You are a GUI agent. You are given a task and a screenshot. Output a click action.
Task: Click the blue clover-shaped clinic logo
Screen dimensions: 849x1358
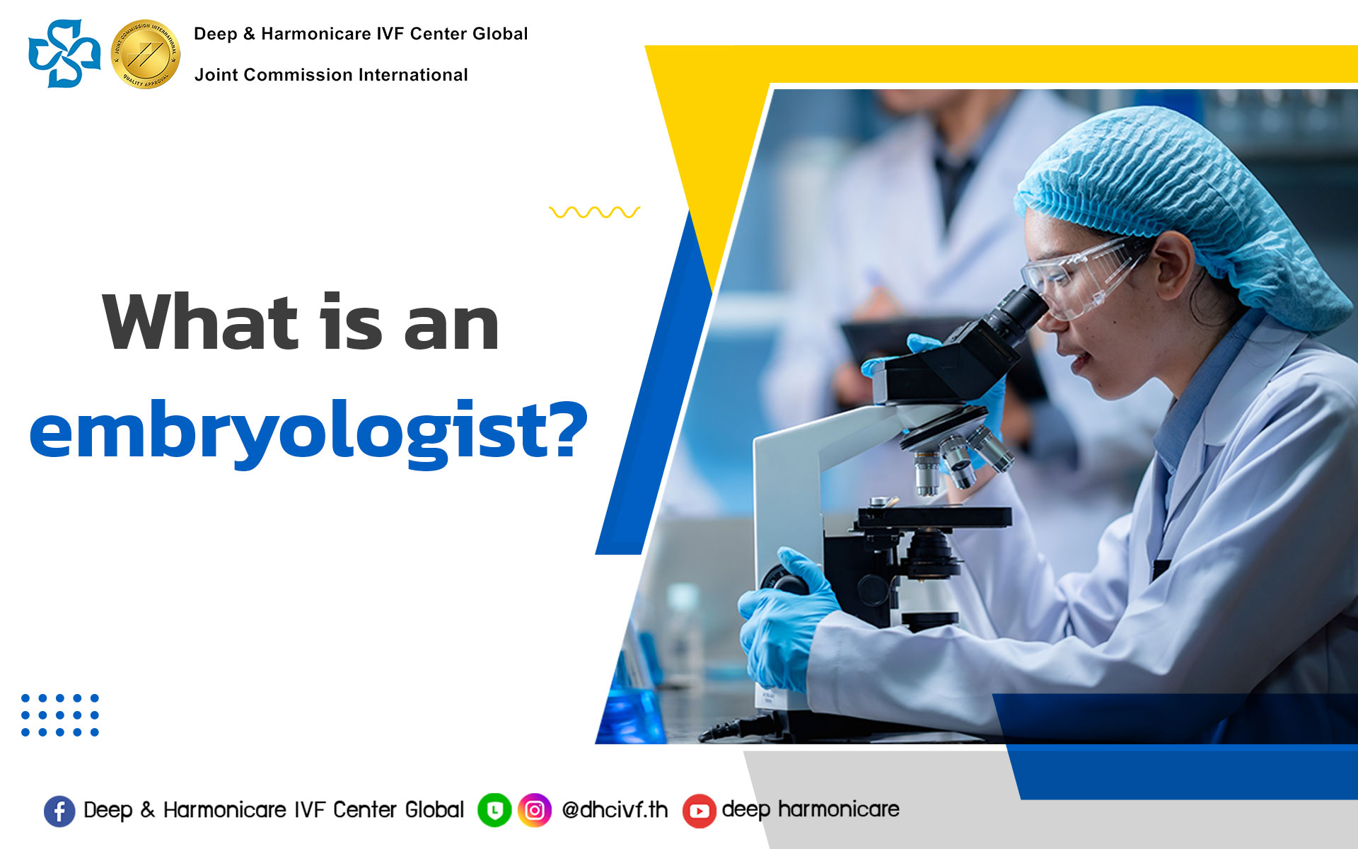64,54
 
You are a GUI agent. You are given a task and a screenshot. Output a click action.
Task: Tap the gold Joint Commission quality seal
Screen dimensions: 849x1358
146,54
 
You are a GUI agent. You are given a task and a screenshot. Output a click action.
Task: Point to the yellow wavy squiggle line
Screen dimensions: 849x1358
594,212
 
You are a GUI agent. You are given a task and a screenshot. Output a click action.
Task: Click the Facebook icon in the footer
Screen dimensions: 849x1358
59,811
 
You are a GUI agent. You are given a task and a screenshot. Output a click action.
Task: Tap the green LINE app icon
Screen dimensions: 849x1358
494,810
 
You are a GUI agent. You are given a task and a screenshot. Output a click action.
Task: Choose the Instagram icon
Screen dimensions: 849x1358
535,810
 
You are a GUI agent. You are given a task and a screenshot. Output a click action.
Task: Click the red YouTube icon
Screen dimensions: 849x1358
699,811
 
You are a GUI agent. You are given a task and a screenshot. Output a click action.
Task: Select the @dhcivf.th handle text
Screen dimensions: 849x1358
615,809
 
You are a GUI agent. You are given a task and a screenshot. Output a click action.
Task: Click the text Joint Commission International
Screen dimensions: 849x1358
331,75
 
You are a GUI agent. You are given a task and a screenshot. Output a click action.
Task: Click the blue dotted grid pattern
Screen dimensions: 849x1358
60,715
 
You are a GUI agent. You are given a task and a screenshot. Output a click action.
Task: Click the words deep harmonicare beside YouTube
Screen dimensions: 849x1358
811,809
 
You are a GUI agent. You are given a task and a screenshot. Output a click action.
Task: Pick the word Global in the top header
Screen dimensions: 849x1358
500,34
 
